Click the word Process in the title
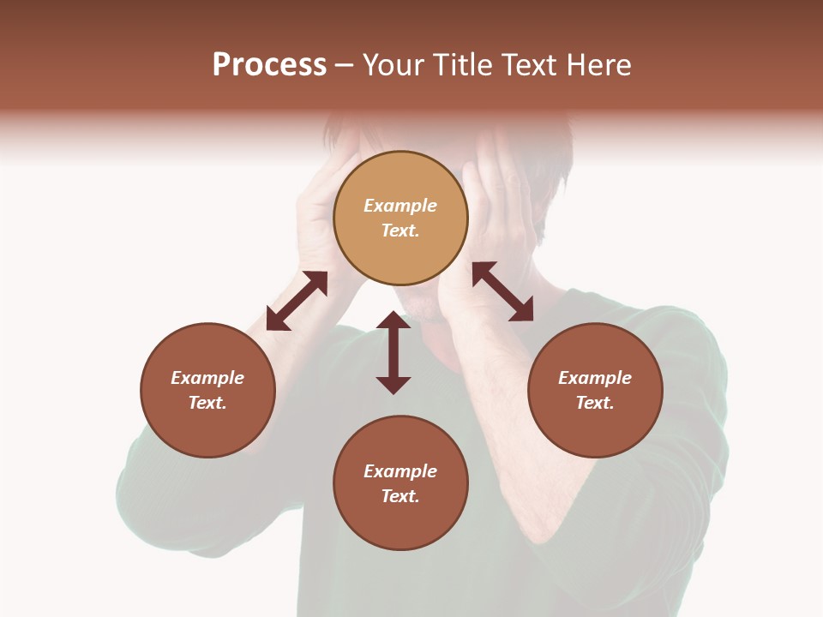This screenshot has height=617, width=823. point(269,65)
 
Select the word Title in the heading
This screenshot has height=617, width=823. point(460,65)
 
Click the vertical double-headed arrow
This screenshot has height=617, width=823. point(393,352)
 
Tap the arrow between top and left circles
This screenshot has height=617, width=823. point(297,301)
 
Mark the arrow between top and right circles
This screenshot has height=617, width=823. point(503,291)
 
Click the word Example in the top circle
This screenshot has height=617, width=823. point(400,206)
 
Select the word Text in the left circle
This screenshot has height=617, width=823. point(207,403)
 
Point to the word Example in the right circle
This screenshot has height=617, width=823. point(595,378)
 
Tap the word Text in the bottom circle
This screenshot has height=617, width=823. point(400,496)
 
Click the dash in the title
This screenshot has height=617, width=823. point(344,65)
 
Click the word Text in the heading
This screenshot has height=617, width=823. point(532,65)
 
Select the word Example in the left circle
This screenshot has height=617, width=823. point(207,378)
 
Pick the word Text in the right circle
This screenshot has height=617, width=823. point(595,403)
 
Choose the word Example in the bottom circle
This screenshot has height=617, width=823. point(400,471)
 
